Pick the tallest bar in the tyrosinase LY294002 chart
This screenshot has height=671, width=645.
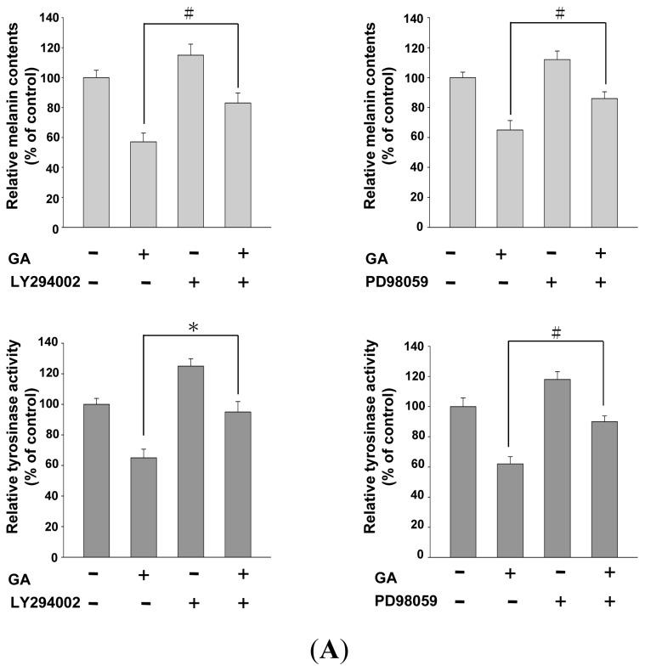[191, 462]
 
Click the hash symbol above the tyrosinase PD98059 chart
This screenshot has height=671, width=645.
[557, 334]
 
